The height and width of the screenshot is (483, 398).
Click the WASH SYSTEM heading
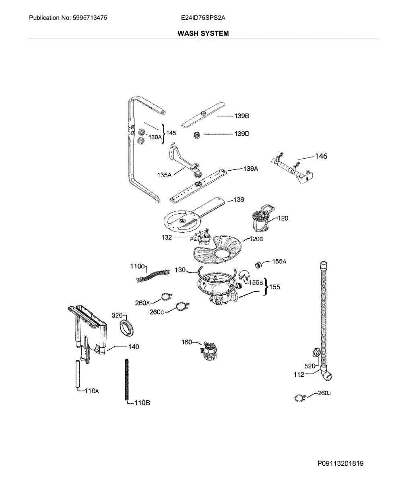tap(203, 33)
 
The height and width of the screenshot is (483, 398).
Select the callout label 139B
tap(242, 116)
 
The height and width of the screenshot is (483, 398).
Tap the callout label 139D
tap(242, 134)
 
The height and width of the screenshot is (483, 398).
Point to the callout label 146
tap(321, 157)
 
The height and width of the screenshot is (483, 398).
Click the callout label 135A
tap(165, 175)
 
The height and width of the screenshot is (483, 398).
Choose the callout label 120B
tap(256, 239)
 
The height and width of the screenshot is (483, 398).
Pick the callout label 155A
tap(279, 262)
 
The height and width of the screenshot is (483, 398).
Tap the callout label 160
tap(187, 342)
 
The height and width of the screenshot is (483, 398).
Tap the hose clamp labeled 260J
tap(299, 398)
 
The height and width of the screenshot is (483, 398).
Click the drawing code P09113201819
tap(340, 464)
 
